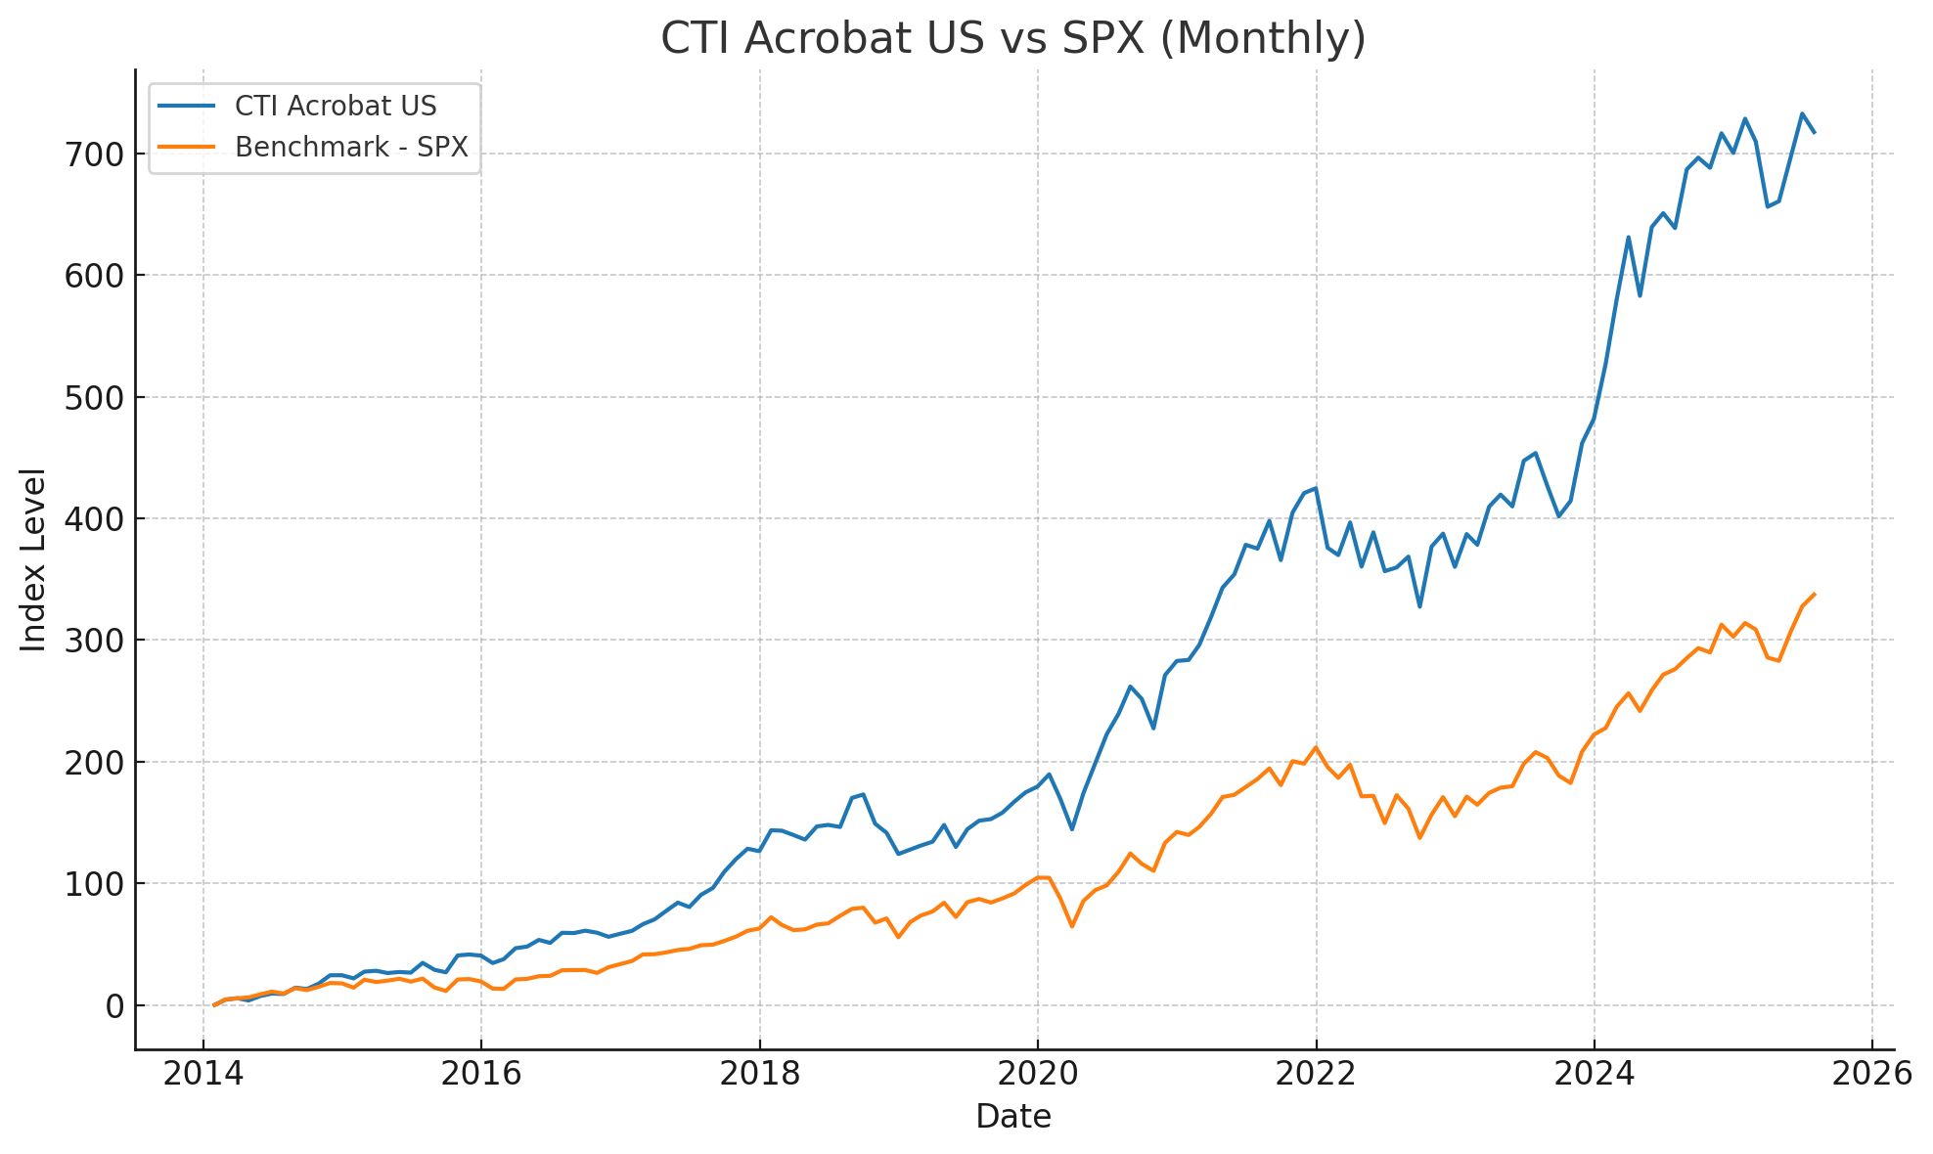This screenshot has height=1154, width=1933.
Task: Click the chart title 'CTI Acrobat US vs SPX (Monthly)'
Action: point(1013,39)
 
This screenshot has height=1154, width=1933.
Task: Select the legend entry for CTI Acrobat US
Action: point(336,106)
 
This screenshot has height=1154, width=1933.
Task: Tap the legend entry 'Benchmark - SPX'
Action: point(351,147)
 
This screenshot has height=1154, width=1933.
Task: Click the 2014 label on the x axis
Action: point(202,1074)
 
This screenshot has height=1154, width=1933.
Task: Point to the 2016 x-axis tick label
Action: point(480,1074)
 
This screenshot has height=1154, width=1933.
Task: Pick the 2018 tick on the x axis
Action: point(759,1074)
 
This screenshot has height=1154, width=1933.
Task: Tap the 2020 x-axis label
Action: point(1037,1074)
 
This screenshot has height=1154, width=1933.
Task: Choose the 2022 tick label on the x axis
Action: point(1316,1074)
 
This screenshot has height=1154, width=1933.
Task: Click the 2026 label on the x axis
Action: point(1871,1074)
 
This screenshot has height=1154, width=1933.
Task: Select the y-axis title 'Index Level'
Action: point(34,559)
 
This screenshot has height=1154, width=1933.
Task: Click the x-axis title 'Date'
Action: point(1013,1117)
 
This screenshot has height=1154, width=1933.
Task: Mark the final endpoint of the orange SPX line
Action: point(1815,594)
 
